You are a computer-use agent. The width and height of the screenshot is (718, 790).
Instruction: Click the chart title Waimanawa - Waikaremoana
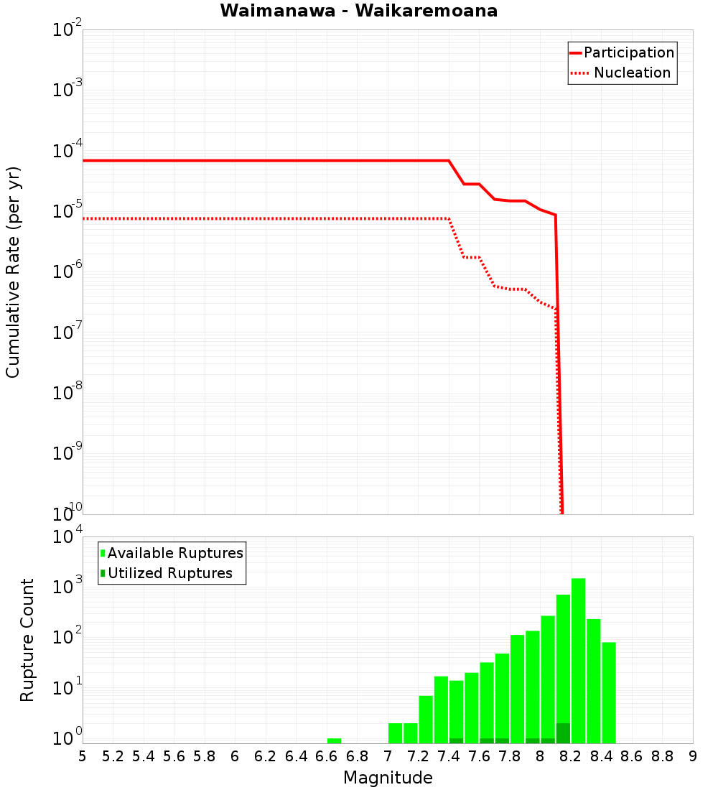click(359, 11)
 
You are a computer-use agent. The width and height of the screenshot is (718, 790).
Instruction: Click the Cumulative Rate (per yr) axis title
click(13, 271)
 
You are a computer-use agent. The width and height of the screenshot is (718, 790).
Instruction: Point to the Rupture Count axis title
click(27, 640)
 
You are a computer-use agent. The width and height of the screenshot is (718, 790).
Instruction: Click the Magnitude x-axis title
click(388, 778)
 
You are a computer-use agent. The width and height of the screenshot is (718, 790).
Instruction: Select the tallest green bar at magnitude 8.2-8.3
click(578, 661)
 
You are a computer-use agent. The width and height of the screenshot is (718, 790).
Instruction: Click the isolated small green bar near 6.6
click(334, 740)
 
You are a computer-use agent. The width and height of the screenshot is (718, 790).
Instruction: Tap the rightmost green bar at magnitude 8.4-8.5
click(609, 693)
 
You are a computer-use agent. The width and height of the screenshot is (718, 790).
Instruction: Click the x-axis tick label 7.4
click(449, 756)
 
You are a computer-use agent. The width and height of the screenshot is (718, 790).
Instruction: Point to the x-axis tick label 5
click(83, 756)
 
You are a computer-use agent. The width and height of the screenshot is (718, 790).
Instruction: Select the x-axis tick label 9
click(693, 756)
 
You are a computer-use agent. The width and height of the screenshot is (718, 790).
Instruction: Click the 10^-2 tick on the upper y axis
click(67, 31)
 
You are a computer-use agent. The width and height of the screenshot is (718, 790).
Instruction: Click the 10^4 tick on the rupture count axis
click(67, 538)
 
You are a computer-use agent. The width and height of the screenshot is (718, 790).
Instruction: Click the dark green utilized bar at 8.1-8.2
click(563, 733)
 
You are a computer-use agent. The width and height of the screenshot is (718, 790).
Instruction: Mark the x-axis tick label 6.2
click(266, 756)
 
